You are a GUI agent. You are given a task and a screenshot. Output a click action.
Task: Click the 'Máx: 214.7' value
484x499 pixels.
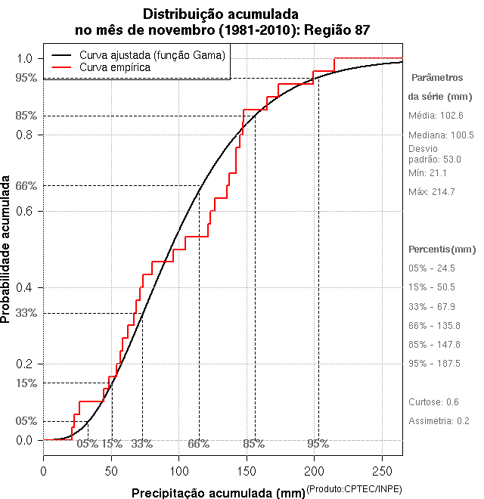[x=432, y=192]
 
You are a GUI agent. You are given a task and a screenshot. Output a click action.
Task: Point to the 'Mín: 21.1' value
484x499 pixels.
[x=429, y=173]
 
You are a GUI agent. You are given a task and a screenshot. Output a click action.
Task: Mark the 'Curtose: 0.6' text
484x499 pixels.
[x=433, y=402]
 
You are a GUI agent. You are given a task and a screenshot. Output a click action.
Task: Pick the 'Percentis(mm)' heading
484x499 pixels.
[x=442, y=249]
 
